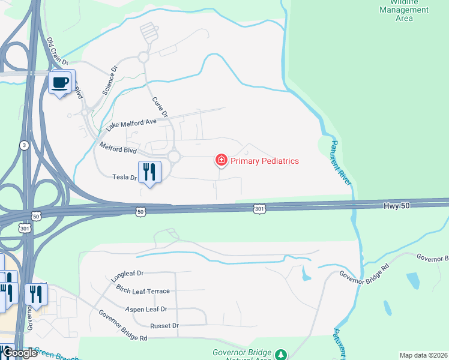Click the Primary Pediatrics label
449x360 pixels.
(x=264, y=161)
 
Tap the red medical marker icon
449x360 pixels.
(x=221, y=160)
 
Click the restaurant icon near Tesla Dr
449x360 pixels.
(x=149, y=172)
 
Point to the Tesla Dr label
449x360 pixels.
(x=125, y=177)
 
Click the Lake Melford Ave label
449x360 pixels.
(x=131, y=124)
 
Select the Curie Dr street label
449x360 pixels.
(x=161, y=107)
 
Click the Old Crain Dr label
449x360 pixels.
(x=58, y=51)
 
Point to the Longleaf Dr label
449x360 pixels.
(x=128, y=275)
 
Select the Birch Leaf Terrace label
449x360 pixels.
(x=143, y=291)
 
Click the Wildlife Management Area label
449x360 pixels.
(x=404, y=10)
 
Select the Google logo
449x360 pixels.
(x=20, y=353)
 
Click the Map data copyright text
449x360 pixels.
(x=423, y=355)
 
